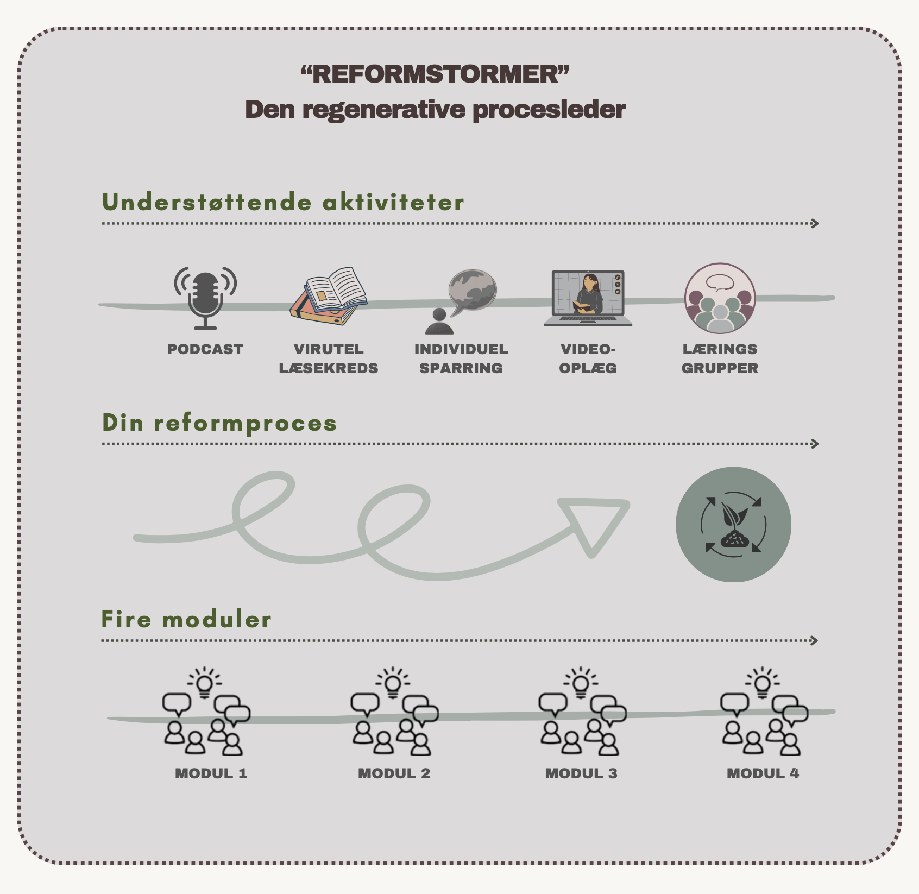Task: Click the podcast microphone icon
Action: point(205,297)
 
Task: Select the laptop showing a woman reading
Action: point(588,297)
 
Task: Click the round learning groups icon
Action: point(720,298)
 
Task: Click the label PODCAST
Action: point(205,349)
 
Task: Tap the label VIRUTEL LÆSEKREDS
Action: point(329,358)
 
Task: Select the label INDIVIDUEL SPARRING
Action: point(461,358)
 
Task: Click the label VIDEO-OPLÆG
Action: point(588,358)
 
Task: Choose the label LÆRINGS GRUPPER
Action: point(720,358)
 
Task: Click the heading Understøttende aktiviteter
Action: point(283,202)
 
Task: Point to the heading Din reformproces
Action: point(219,423)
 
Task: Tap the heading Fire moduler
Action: point(186,619)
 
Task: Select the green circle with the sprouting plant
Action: point(733,524)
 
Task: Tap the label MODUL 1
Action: point(211,773)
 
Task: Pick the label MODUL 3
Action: point(581,773)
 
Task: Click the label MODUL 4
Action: point(763,773)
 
